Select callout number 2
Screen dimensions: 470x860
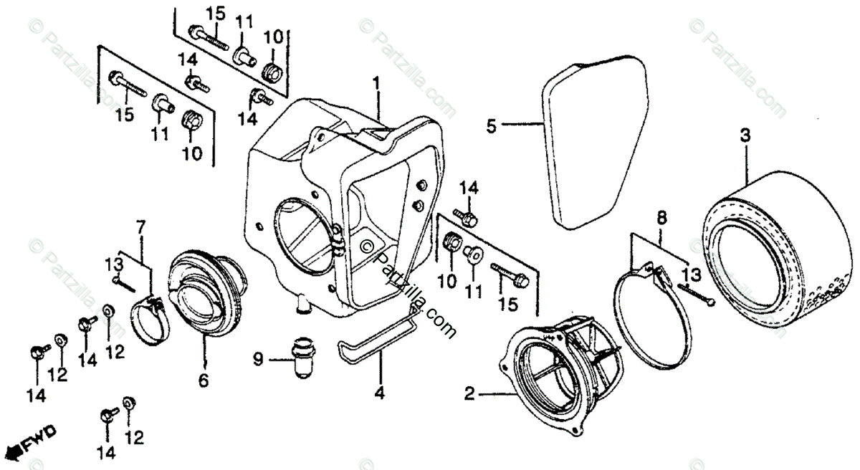469,393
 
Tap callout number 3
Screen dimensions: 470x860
745,134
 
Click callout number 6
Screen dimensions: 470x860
204,381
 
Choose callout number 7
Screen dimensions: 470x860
140,228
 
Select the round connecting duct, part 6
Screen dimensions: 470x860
206,294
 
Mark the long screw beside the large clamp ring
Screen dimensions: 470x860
694,294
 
